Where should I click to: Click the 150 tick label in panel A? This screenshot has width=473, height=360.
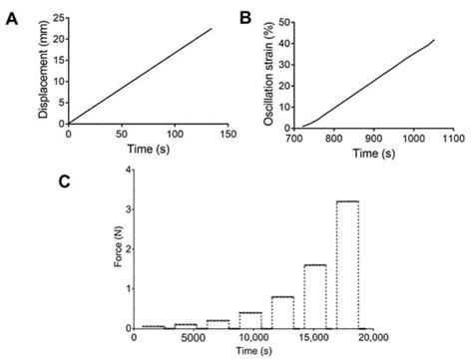227,134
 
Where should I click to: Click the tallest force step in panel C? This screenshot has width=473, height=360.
348,264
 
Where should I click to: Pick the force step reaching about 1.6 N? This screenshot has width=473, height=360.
315,295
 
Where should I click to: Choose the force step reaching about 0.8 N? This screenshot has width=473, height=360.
282,311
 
